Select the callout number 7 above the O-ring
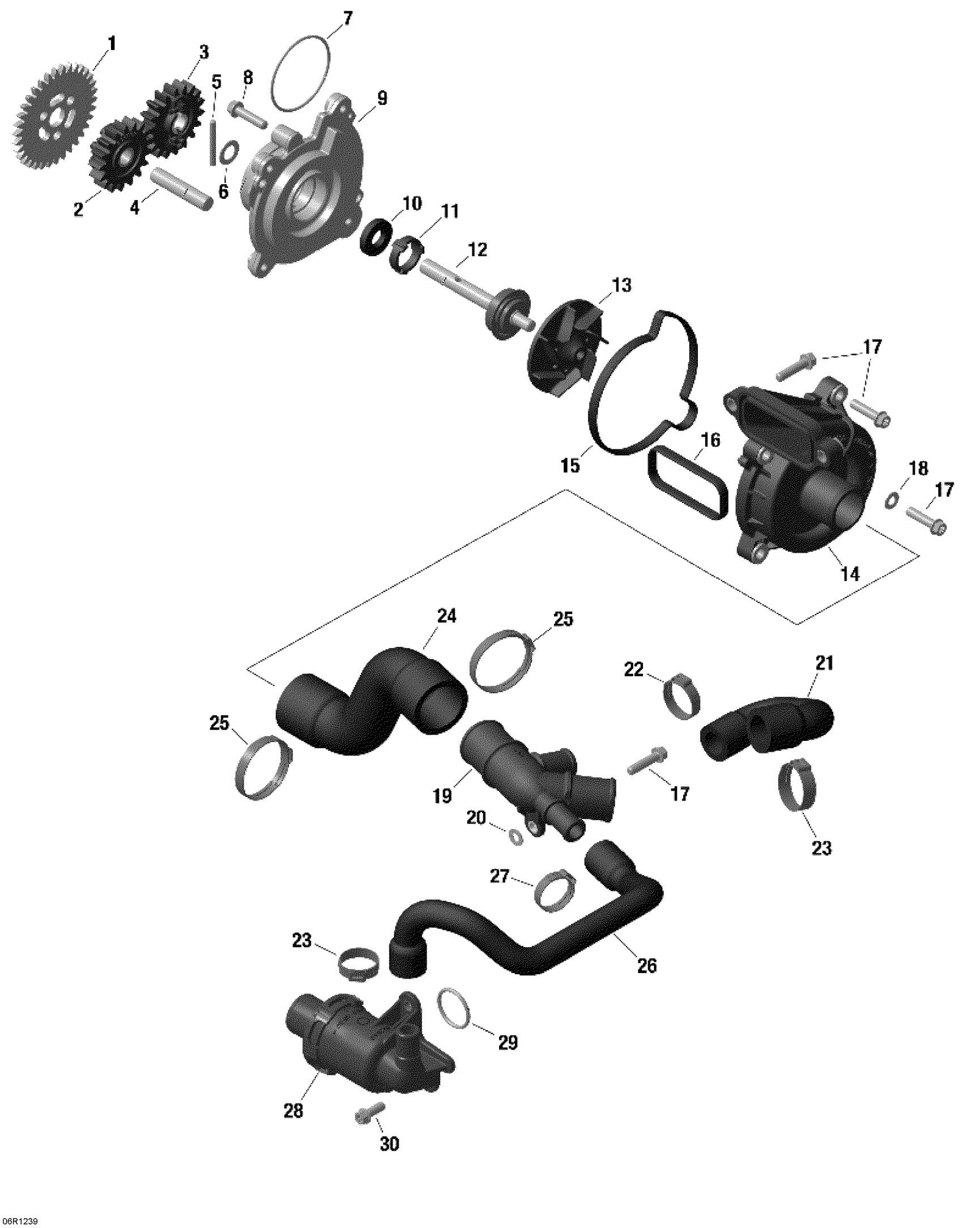(x=347, y=20)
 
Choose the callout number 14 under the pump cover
(x=850, y=574)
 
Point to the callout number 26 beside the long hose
(x=647, y=965)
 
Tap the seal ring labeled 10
(x=377, y=238)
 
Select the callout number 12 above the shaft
(x=477, y=249)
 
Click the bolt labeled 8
(x=248, y=114)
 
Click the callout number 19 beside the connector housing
(x=443, y=796)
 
